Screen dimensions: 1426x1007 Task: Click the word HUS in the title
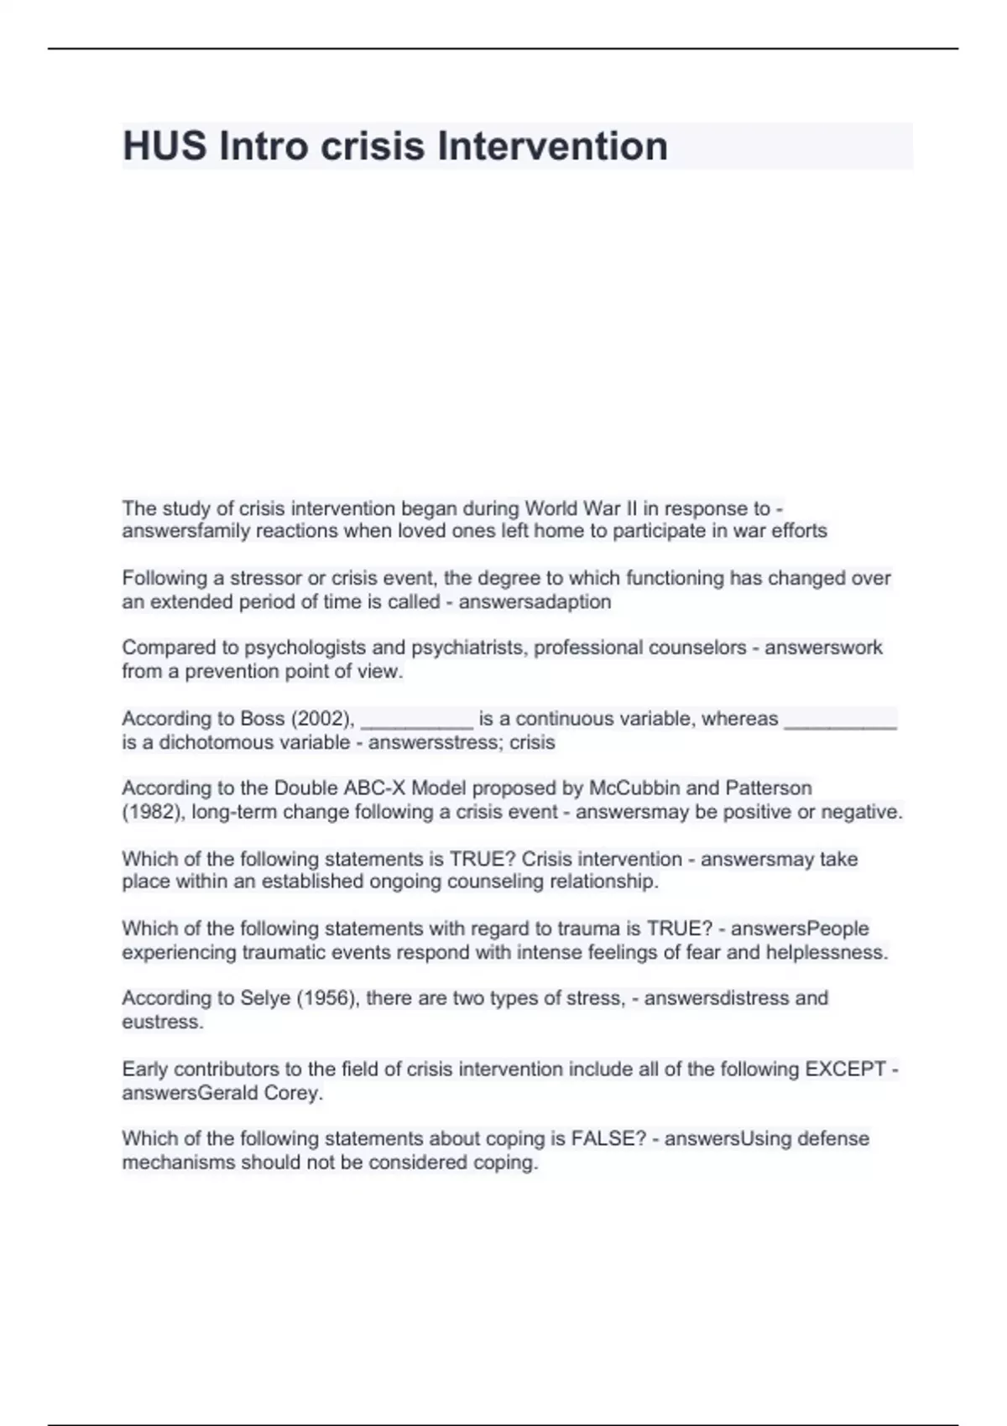tap(164, 146)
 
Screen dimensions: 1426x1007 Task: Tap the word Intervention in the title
tap(553, 146)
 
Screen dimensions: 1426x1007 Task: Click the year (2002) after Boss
tap(321, 719)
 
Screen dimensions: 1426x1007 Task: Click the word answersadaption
tap(535, 601)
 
